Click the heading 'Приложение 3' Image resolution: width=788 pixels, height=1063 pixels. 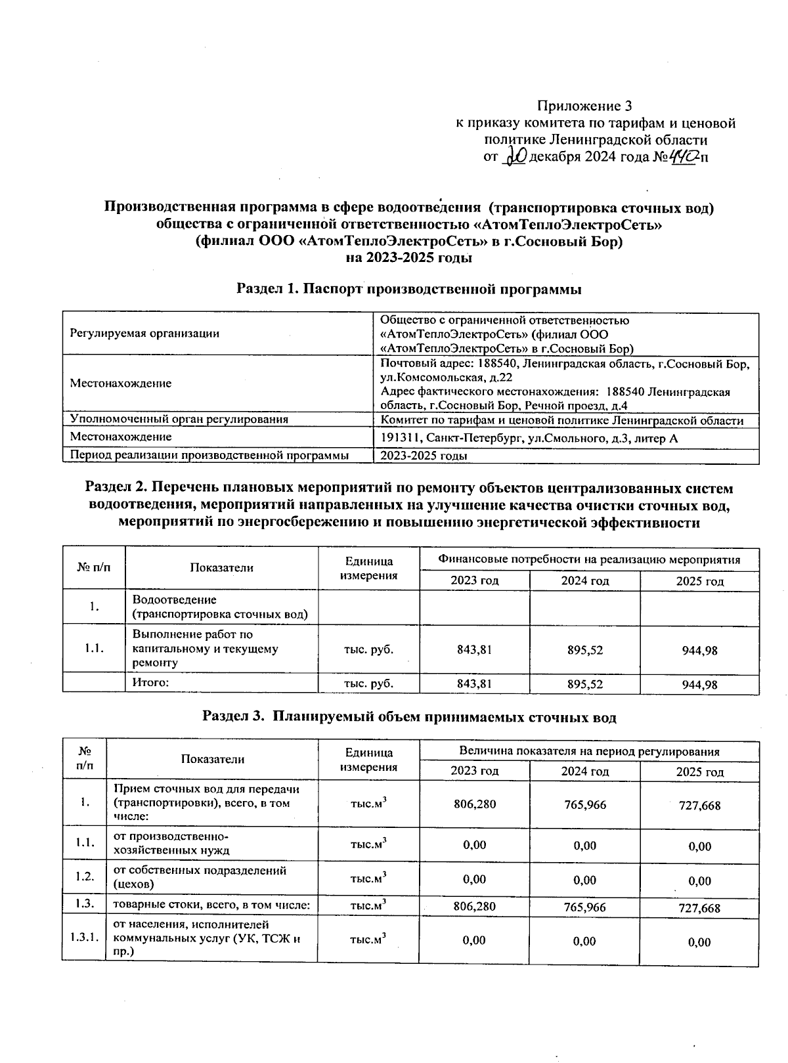pos(584,106)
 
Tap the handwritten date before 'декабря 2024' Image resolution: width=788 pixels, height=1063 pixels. pos(514,158)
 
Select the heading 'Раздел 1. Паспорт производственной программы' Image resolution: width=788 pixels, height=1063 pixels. pos(409,289)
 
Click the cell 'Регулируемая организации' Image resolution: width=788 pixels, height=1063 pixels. pos(144,334)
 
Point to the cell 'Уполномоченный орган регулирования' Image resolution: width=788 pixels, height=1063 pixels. pos(179,420)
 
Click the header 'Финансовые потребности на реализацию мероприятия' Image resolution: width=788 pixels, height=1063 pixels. pos(589,560)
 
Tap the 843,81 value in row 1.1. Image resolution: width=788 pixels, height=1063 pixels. pos(474,649)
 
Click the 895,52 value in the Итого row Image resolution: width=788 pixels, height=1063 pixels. pos(584,684)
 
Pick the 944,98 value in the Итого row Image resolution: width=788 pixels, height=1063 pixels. pos(699,685)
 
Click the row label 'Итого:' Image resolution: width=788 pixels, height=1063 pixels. pos(151,683)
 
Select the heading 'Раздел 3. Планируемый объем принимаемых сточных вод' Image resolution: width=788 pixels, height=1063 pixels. pos(409,718)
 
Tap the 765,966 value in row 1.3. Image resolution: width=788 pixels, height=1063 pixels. pos(584,907)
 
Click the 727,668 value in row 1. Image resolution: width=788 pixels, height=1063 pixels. pos(699,805)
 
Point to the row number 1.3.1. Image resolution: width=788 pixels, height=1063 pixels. pos(83,937)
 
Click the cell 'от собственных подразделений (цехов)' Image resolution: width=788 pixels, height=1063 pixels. pos(200,877)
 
